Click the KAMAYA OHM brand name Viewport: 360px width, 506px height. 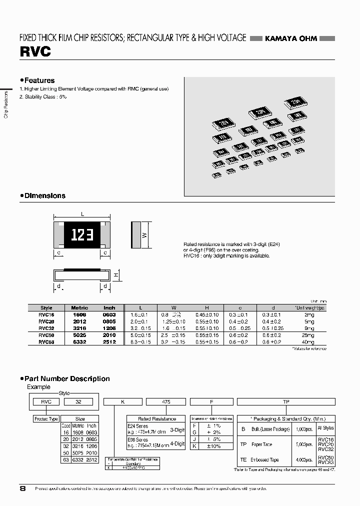290,39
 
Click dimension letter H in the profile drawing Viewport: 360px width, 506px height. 115,275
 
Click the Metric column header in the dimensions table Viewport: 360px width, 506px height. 79,308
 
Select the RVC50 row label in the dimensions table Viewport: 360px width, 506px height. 46,335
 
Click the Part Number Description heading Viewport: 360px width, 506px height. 67,379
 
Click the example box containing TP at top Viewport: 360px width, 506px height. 285,401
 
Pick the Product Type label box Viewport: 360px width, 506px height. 46,418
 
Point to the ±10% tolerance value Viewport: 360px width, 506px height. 213,446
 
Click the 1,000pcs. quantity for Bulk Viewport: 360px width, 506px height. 303,429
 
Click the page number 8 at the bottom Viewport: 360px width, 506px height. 22,489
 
